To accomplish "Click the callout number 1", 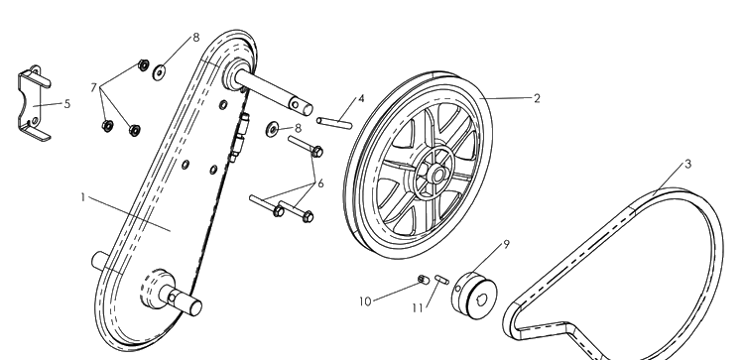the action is pos(83,197).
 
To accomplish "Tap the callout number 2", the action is pos(537,98).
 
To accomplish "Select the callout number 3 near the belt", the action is pos(688,164).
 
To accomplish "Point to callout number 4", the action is pos(361,98).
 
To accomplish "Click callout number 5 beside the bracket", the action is pos(66,104).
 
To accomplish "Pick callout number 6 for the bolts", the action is pos(320,183).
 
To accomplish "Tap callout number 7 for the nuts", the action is pos(93,87).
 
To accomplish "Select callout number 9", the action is pos(506,244).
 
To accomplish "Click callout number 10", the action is pos(365,301).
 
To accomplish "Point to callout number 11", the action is pos(417,308).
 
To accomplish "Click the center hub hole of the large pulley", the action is pos(437,176).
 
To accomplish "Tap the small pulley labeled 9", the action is pos(474,296).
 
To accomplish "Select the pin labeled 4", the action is pos(334,123).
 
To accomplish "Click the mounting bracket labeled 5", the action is pos(34,103).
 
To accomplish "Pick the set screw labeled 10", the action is pos(424,280).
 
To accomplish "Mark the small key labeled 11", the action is pos(441,280).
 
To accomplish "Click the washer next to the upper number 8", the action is pos(159,72).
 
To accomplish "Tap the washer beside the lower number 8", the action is pos(273,129).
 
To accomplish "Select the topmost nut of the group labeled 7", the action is pos(143,65).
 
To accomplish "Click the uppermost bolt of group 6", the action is pos(306,147).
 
